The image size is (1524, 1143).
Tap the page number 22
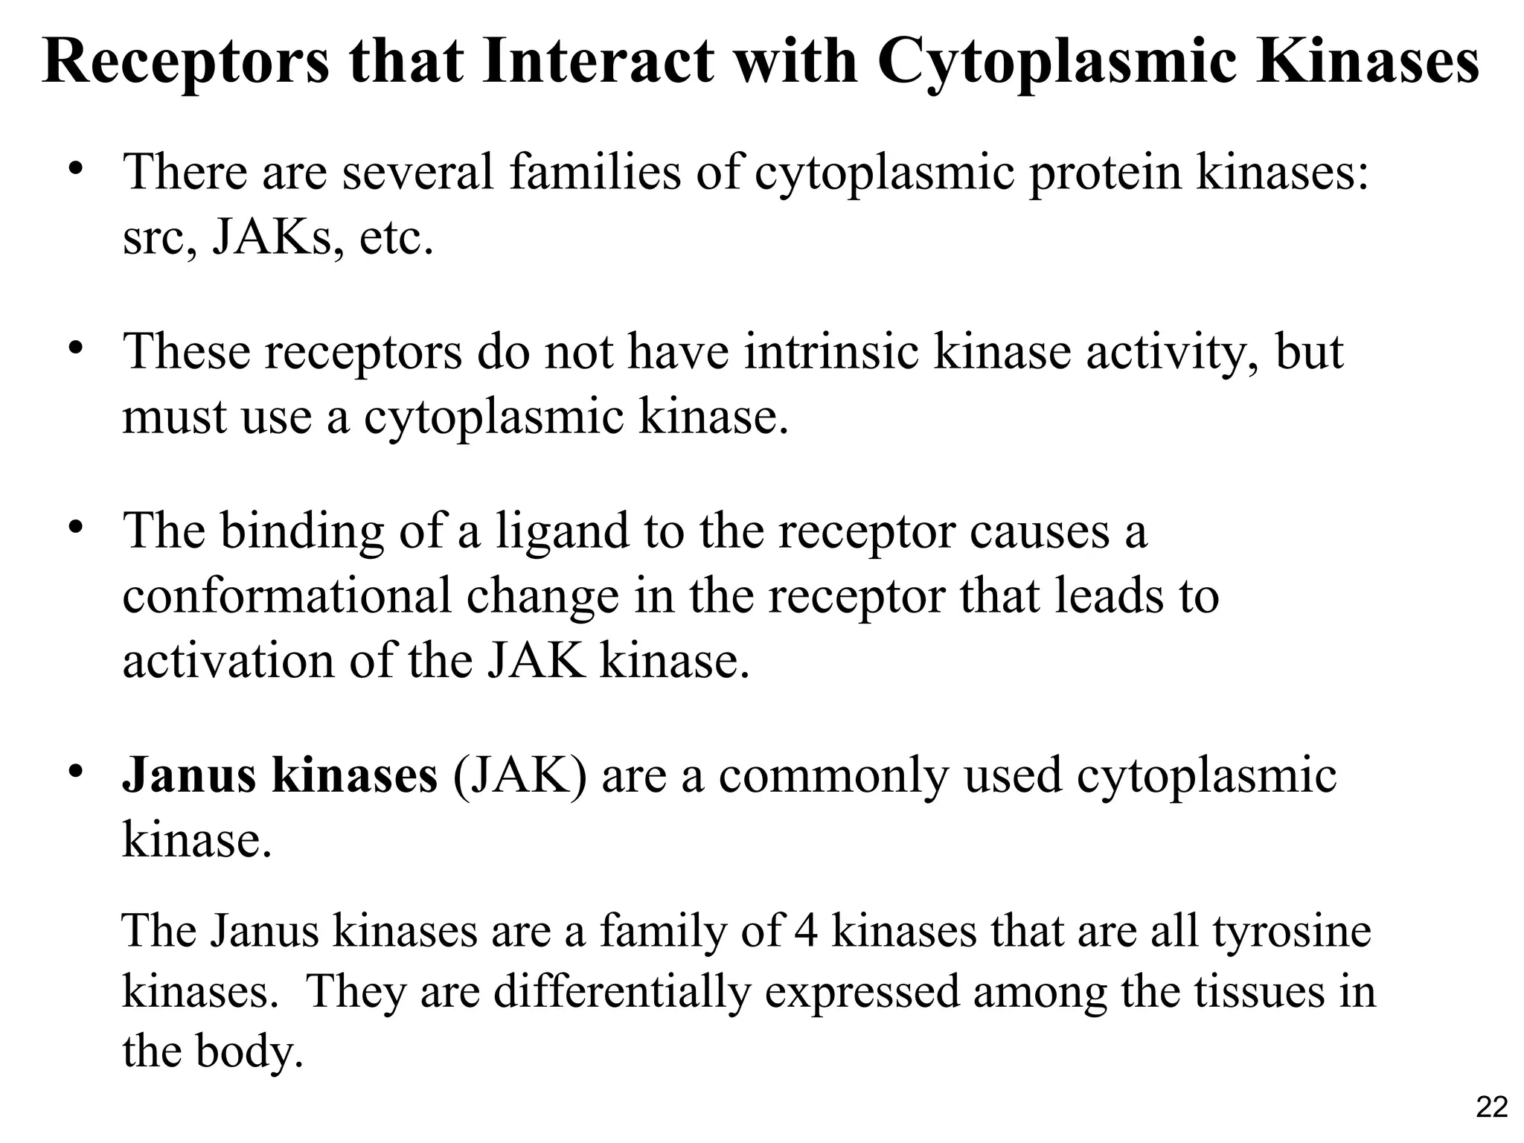1491,1107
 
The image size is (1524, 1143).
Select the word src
153,238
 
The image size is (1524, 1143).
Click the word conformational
286,596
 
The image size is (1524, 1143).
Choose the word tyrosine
1292,931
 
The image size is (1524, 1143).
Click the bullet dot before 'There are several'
74,169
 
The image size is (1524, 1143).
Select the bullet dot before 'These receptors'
74,348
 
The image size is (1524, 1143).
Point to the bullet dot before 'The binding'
74,528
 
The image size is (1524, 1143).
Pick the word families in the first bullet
595,172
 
